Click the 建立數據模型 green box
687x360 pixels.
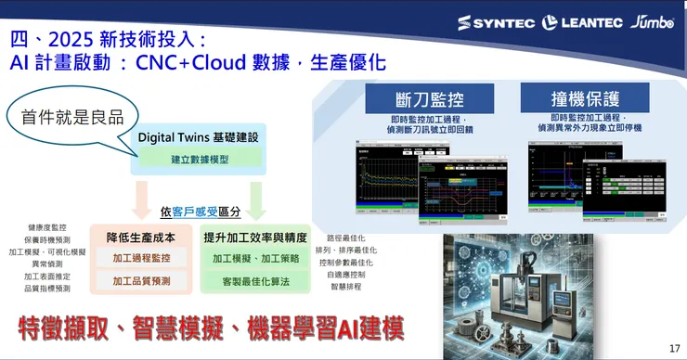[x=199, y=159]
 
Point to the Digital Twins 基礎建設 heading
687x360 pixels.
[x=199, y=137]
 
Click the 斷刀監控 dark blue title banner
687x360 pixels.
[x=414, y=98]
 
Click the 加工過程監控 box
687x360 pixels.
[x=141, y=257]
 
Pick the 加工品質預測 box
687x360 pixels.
[x=141, y=280]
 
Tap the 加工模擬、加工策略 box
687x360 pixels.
[x=255, y=258]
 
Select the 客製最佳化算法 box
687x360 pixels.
[x=255, y=280]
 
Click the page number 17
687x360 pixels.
[x=674, y=348]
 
